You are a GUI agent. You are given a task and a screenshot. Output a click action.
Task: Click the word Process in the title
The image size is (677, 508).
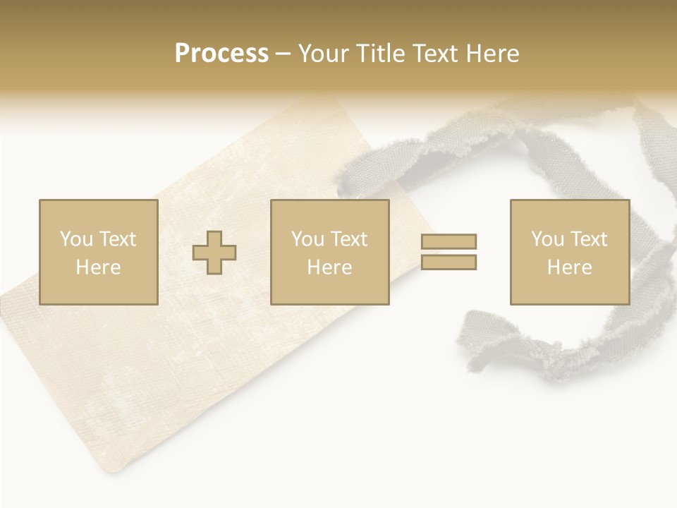pyautogui.click(x=221, y=54)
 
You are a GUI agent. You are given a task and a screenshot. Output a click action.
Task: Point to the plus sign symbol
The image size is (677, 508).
pyautogui.click(x=214, y=253)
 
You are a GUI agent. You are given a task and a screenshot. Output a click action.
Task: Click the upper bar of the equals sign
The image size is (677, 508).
pyautogui.click(x=449, y=241)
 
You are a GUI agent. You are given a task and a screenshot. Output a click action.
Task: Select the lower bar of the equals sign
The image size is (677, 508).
pyautogui.click(x=449, y=262)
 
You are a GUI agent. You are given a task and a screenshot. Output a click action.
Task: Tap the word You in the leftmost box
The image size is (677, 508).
pyautogui.click(x=75, y=239)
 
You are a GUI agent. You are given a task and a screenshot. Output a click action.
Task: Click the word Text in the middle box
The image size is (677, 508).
pyautogui.click(x=348, y=239)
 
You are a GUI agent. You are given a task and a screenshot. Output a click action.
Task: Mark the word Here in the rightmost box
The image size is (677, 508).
pyautogui.click(x=570, y=267)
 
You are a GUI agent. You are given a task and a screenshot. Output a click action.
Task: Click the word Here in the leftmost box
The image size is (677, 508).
pyautogui.click(x=98, y=267)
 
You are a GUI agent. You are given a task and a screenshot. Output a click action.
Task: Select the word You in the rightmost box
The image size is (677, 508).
pyautogui.click(x=547, y=239)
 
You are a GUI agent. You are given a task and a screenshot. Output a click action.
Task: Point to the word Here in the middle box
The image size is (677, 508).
pyautogui.click(x=329, y=267)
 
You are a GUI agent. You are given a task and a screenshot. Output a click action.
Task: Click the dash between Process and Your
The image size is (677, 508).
pyautogui.click(x=283, y=54)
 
